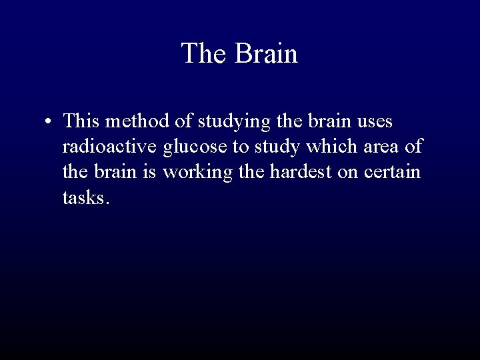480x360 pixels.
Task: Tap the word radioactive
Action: point(110,147)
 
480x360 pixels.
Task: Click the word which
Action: point(322,147)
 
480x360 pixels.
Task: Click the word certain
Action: point(395,172)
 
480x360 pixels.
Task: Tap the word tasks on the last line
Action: point(83,198)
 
